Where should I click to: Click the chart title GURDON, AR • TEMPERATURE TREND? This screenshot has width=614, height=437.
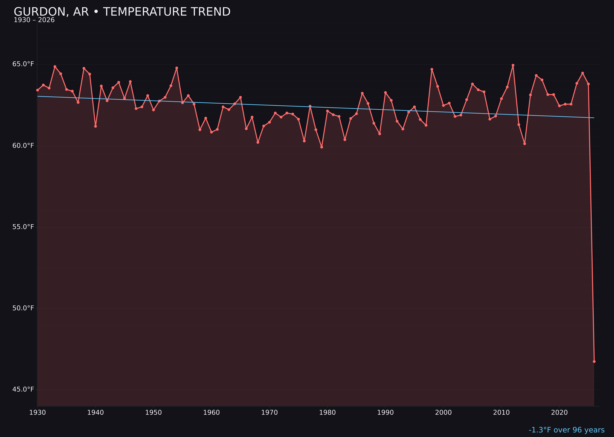122,12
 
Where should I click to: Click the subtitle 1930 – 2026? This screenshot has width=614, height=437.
34,20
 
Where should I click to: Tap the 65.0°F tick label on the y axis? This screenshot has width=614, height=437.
23,64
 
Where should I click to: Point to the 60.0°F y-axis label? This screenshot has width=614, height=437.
23,146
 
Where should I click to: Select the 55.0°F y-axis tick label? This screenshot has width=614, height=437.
23,227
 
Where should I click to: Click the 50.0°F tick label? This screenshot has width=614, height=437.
23,308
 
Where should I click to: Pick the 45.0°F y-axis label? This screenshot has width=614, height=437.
23,389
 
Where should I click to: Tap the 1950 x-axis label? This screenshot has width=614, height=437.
153,413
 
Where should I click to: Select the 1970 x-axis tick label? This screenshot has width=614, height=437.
269,413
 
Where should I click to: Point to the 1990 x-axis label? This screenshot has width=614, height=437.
385,413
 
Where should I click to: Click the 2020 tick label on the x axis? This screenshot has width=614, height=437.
559,413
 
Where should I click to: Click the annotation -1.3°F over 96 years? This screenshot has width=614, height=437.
566,430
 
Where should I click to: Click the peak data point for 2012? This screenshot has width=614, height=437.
513,65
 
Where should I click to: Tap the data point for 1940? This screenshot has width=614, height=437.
95,126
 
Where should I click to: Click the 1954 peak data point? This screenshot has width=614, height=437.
177,68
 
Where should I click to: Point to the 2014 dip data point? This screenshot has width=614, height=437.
525,144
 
